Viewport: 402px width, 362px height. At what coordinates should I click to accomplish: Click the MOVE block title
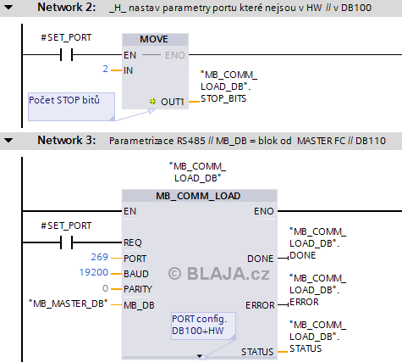[x=154, y=39]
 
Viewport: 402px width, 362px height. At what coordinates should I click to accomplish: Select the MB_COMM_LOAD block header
[x=198, y=196]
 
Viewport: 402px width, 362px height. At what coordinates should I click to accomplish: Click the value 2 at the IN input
[x=106, y=69]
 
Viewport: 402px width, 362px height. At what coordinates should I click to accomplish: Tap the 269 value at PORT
[x=99, y=257]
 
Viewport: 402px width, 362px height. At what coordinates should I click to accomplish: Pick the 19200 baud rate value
[x=94, y=272]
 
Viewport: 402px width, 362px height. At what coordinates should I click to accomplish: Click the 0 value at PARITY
[x=105, y=288]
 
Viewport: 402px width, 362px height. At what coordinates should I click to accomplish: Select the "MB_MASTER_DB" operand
[x=69, y=304]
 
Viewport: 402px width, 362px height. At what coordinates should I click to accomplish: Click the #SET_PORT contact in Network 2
[x=67, y=54]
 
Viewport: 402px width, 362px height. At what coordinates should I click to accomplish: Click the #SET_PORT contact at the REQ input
[x=67, y=242]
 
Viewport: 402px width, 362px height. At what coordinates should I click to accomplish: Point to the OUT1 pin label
[x=173, y=102]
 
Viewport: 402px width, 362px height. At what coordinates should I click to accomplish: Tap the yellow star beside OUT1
[x=152, y=101]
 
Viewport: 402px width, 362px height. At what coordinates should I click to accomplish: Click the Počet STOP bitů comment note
[x=71, y=107]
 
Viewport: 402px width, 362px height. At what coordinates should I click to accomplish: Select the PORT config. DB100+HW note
[x=203, y=326]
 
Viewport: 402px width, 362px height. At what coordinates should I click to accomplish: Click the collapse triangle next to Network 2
[x=9, y=8]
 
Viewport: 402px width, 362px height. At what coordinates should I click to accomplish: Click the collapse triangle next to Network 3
[x=9, y=140]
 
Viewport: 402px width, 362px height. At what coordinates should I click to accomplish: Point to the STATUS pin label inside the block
[x=257, y=352]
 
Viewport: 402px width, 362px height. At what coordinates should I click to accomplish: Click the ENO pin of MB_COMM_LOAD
[x=264, y=211]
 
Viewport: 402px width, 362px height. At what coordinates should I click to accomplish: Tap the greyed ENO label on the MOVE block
[x=175, y=55]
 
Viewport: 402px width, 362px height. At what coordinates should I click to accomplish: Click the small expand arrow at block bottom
[x=200, y=356]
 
